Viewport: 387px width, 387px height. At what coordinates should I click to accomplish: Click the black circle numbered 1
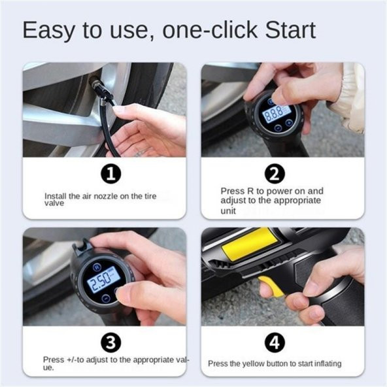click(111, 174)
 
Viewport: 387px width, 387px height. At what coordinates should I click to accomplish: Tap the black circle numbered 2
click(275, 174)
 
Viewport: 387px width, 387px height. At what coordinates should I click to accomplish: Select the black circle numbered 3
click(111, 343)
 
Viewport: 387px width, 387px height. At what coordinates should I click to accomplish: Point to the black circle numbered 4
click(275, 343)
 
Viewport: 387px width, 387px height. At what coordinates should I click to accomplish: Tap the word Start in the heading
click(290, 30)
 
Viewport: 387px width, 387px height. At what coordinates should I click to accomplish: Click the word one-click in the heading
click(210, 30)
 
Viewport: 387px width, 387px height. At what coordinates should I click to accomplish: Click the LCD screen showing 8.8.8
click(277, 114)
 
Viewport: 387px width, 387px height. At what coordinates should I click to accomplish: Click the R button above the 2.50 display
click(97, 267)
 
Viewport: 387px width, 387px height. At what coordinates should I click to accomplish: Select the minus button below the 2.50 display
click(106, 299)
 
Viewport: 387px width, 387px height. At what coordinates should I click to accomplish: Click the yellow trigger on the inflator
click(271, 287)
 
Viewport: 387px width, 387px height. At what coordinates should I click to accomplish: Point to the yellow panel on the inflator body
click(249, 244)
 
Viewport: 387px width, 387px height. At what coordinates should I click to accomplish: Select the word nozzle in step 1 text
click(106, 196)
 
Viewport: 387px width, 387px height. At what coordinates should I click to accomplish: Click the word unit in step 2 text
click(228, 211)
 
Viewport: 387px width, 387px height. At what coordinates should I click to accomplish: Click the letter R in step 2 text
click(250, 191)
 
